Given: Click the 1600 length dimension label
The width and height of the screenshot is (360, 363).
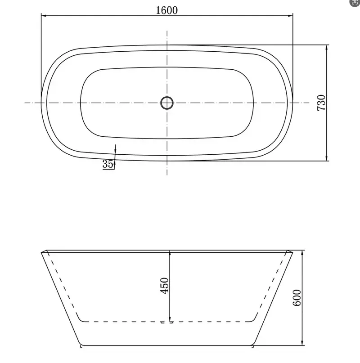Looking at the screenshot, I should point(166,10).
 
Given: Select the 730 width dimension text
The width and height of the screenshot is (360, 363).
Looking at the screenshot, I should point(321,103).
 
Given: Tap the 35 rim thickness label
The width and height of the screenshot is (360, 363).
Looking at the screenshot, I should point(108,165).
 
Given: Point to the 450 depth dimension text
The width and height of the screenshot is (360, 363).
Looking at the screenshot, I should point(164,286).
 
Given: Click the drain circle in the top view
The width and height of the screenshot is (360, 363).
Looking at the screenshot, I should point(167,103).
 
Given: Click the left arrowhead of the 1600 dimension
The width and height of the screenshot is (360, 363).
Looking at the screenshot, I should point(44,15).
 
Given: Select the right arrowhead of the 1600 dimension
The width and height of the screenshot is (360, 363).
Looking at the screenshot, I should point(290,15).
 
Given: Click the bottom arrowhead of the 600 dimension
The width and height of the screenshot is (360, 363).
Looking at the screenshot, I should point(302,343).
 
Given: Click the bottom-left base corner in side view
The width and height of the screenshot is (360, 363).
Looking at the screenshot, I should point(81,345).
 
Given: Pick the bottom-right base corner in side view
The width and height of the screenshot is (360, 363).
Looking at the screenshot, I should point(253,345).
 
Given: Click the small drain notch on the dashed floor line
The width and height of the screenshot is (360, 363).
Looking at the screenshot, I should point(167,322).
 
